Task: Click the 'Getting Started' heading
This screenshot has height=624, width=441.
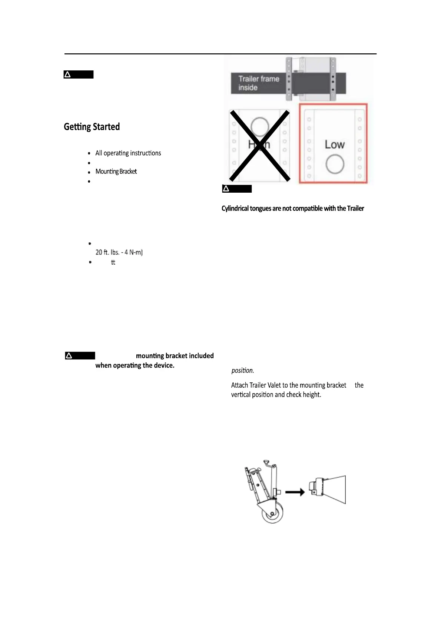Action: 92,127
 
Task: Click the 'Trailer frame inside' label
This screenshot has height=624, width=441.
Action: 258,83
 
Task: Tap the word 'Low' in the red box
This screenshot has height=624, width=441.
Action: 335,145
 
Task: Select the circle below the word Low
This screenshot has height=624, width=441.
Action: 335,164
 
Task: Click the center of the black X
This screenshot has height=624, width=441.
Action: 259,145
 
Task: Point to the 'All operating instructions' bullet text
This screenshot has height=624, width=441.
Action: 128,153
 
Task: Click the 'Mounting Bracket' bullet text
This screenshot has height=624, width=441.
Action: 116,171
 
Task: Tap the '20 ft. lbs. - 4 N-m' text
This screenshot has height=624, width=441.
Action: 119,252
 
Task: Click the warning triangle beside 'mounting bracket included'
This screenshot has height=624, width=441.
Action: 69,356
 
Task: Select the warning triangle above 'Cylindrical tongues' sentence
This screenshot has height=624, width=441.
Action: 226,189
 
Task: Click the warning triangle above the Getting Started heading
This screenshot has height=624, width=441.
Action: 67,75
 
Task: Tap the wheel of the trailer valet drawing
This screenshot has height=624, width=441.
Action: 272,513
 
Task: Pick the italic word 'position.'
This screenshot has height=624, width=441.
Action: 243,371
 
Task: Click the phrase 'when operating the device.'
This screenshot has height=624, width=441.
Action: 135,365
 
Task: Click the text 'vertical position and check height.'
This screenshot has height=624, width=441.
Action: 276,395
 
